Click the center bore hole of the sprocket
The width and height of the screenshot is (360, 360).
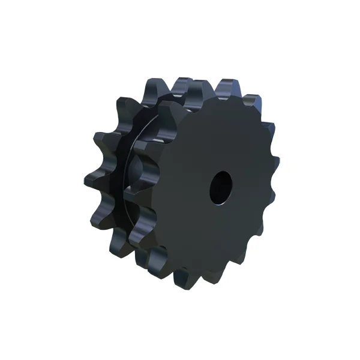click(220, 187)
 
